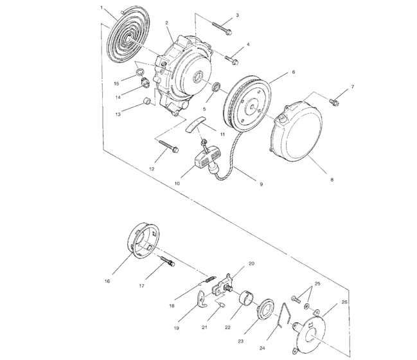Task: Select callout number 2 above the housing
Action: pyautogui.click(x=166, y=23)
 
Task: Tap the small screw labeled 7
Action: pyautogui.click(x=333, y=101)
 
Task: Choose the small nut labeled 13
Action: pyautogui.click(x=146, y=102)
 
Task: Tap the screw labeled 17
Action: pyautogui.click(x=168, y=263)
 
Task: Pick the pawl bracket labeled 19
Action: pyautogui.click(x=202, y=301)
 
